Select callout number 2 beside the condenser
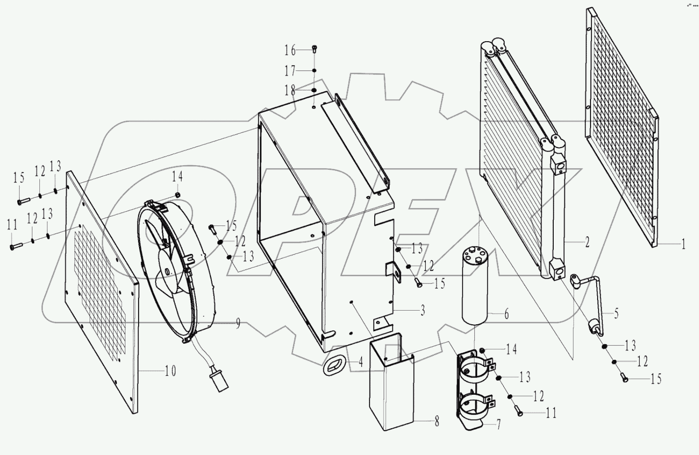click(x=587, y=242)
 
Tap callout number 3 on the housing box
click(x=422, y=310)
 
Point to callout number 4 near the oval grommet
click(x=361, y=362)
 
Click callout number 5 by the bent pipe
click(x=616, y=314)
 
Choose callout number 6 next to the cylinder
click(x=506, y=314)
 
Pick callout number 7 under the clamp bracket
click(x=498, y=425)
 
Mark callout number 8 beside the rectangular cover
click(x=437, y=421)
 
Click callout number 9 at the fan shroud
click(x=238, y=324)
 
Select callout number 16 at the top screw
click(x=290, y=51)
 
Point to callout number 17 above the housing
click(x=290, y=71)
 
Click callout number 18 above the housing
click(x=290, y=91)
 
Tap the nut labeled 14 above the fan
click(x=177, y=194)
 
